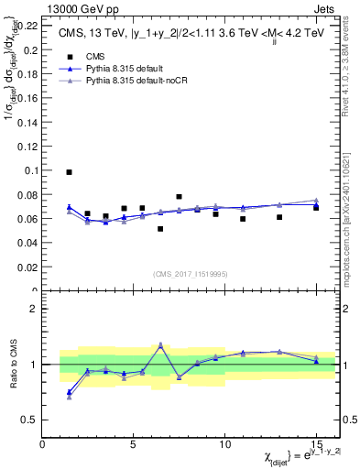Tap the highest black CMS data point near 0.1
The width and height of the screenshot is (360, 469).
[69, 172]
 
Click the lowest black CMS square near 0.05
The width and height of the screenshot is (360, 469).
[160, 229]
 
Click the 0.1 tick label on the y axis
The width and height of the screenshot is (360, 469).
[29, 170]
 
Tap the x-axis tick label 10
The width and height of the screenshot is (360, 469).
[224, 444]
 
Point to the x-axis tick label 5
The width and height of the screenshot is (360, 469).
[134, 444]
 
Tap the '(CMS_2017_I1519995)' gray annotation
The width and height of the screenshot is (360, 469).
[191, 273]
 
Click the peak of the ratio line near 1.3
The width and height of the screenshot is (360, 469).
[160, 345]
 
